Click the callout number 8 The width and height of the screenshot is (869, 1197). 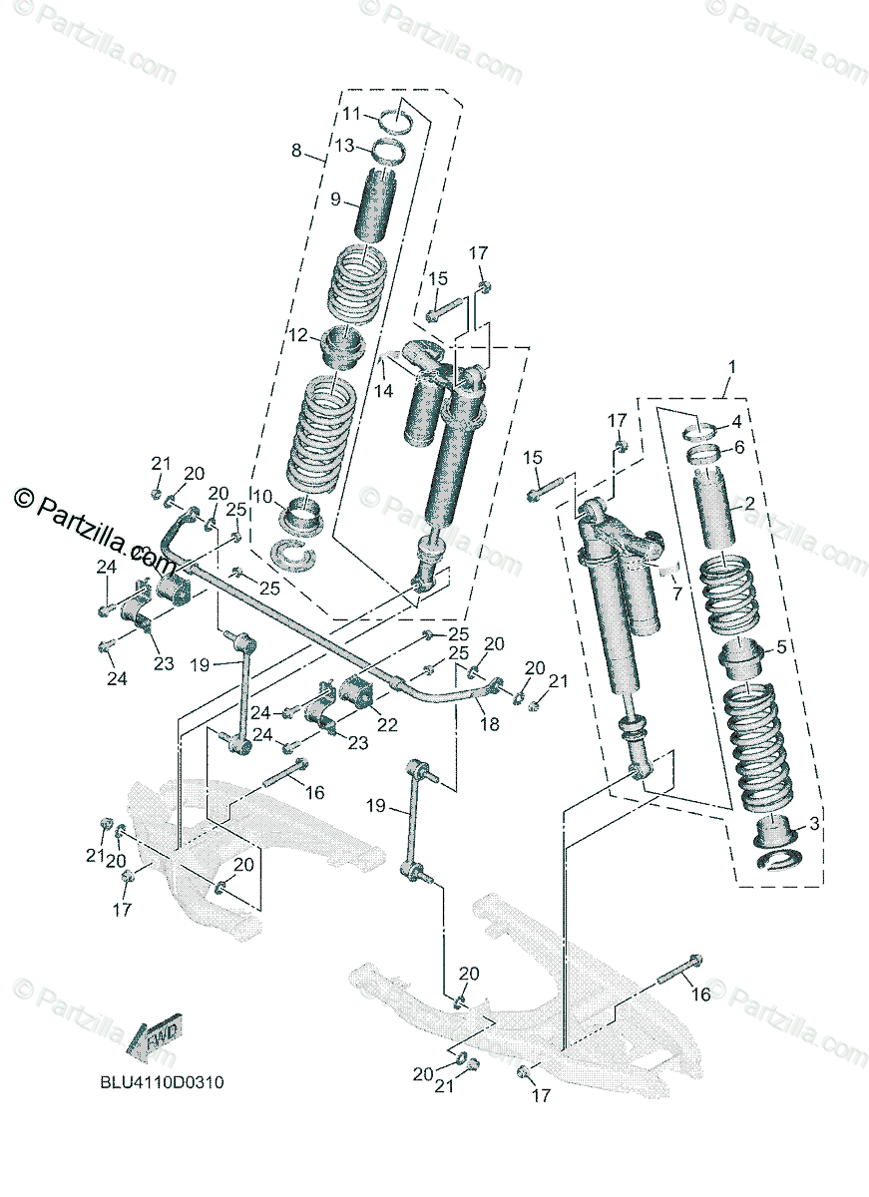pos(296,151)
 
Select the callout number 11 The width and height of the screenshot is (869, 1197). pos(353,114)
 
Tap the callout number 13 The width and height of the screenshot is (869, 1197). pos(344,146)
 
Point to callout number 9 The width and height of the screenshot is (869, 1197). pos(337,199)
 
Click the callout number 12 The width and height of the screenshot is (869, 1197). pos(298,336)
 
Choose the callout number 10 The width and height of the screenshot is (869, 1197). pos(263,497)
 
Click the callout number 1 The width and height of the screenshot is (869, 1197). pos(730,367)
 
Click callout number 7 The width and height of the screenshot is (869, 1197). pos(677,595)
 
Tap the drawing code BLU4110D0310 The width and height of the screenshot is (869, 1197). pos(160,1081)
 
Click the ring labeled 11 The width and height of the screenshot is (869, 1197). pos(398,119)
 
